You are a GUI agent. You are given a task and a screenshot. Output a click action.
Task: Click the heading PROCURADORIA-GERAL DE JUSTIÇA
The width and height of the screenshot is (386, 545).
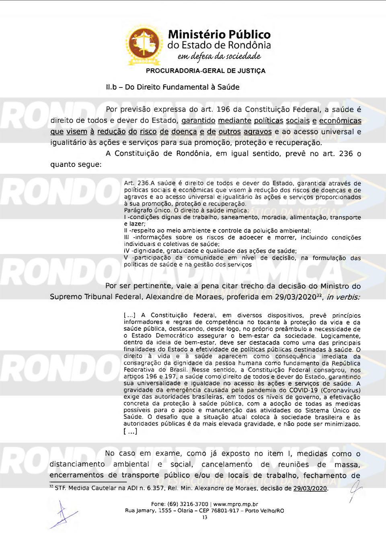[x=205, y=71]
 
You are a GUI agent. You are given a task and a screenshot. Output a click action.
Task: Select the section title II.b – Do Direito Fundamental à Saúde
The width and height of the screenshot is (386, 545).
[x=172, y=87]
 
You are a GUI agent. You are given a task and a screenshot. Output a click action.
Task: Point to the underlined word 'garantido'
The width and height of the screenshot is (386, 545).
[x=198, y=121]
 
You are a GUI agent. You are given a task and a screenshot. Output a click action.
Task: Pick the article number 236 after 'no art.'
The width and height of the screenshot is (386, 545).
[x=346, y=154]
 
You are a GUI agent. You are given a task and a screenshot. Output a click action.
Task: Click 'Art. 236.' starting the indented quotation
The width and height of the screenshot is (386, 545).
[x=137, y=183]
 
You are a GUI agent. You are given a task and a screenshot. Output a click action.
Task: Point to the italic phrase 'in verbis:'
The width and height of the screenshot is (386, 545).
[x=343, y=297]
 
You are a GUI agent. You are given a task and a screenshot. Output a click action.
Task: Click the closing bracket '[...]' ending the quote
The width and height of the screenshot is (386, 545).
[x=130, y=431]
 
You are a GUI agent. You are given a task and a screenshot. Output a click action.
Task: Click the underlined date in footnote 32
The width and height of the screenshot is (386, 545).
[x=310, y=488]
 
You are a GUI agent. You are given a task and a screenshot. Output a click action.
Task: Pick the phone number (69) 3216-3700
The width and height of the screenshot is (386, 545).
[x=186, y=504]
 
